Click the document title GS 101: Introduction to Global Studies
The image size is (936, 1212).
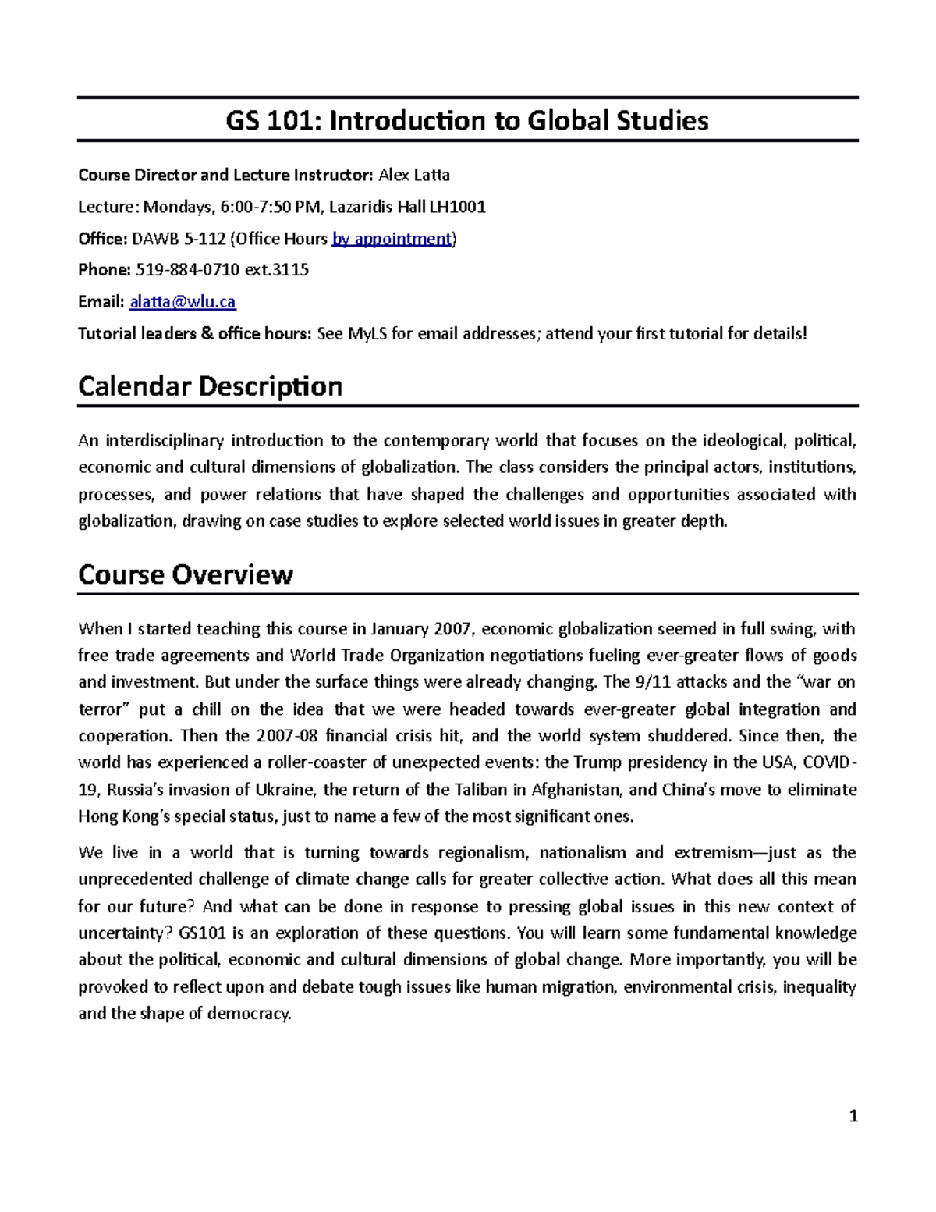click(467, 121)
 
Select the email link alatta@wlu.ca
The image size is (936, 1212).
click(183, 302)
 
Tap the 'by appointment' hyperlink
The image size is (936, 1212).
click(392, 239)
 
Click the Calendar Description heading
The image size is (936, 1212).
click(210, 386)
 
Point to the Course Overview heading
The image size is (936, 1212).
click(186, 574)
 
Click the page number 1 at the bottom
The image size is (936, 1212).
click(853, 1117)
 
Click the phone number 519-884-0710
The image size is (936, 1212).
click(188, 270)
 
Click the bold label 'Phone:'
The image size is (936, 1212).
click(105, 270)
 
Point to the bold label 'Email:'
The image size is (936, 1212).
click(101, 302)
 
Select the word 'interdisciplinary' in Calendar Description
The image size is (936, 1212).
click(165, 441)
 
